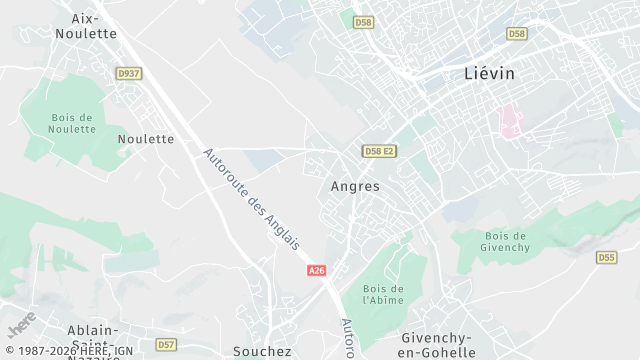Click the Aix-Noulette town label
88,25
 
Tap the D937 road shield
128,72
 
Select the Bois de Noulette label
72,123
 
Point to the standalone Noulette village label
146,139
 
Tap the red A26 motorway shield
317,271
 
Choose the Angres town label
355,186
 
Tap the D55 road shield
606,257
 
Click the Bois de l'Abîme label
382,294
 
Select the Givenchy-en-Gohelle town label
437,344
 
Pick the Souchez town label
262,351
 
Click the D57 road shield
166,345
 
